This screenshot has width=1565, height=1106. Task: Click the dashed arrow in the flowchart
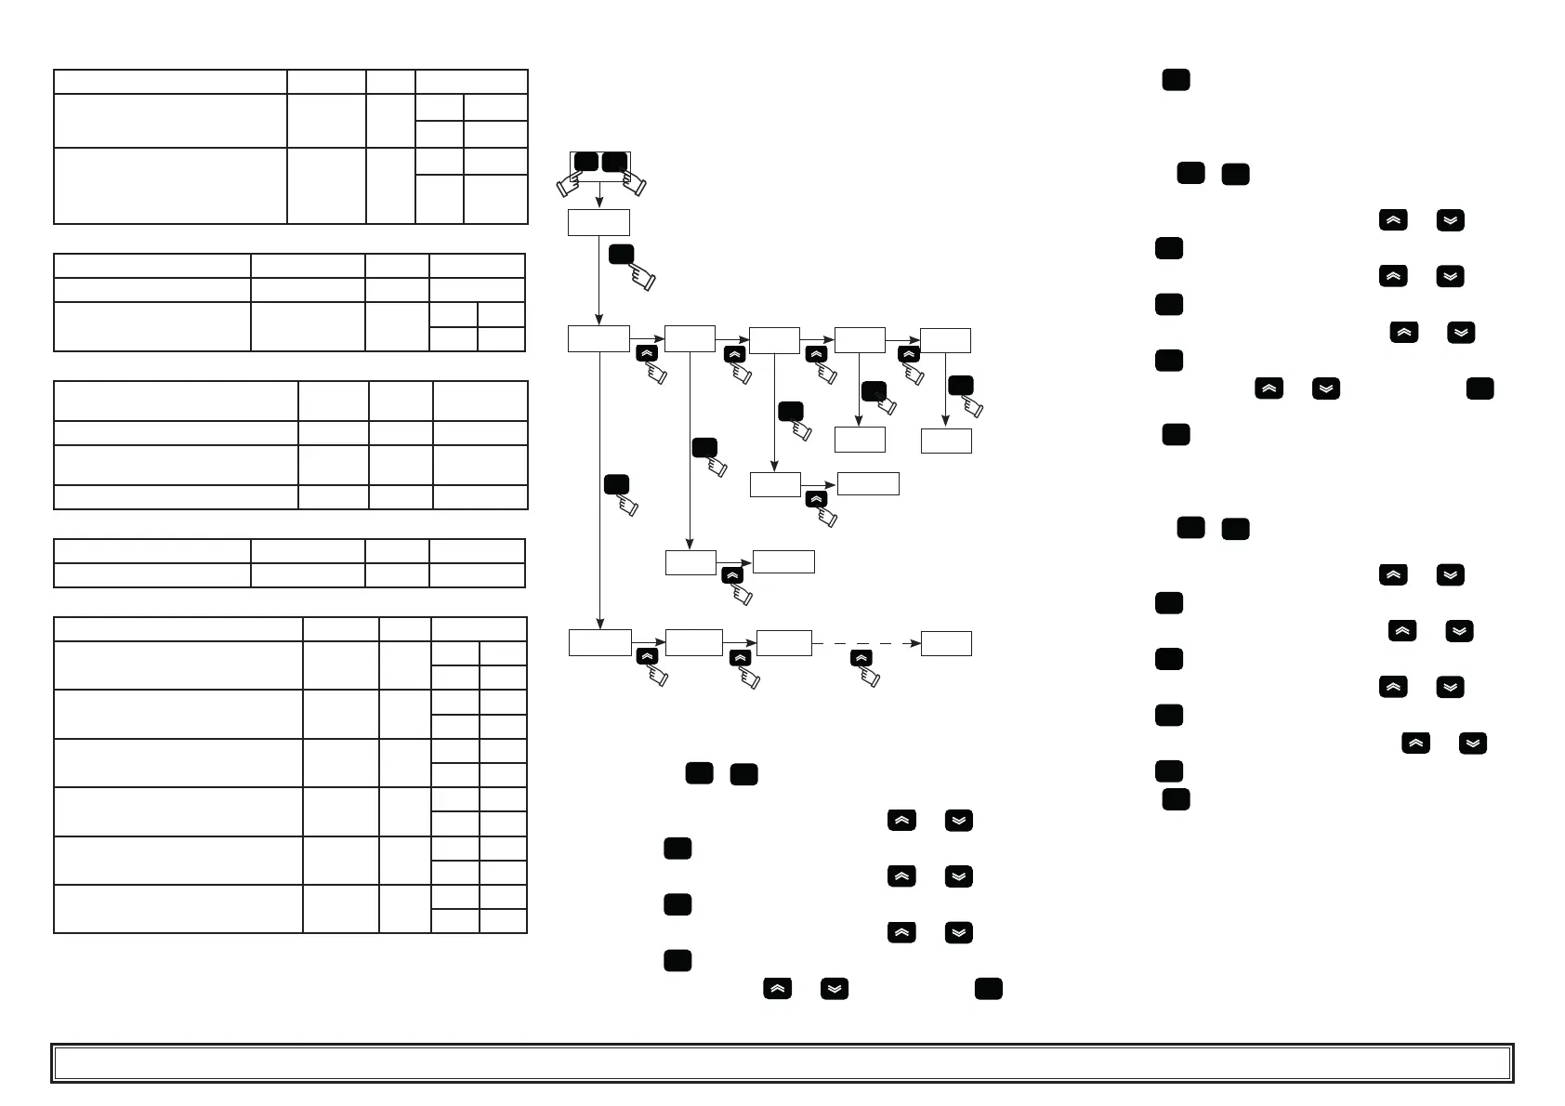[866, 643]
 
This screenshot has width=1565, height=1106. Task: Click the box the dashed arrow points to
[946, 643]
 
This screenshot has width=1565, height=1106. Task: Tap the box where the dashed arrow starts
[784, 643]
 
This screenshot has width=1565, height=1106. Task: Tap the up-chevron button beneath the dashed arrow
[861, 658]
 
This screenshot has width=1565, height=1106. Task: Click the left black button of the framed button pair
[586, 162]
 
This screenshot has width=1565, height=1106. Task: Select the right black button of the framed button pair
[614, 162]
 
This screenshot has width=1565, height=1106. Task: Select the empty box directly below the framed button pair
[598, 222]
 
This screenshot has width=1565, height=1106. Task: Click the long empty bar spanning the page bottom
[782, 1063]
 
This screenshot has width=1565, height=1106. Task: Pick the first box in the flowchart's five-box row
[598, 339]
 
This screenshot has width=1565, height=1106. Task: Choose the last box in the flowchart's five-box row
[945, 339]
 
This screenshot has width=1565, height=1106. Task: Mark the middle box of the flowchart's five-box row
[774, 339]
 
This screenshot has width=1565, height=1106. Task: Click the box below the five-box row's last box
[946, 441]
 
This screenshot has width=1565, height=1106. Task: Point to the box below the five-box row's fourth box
[860, 440]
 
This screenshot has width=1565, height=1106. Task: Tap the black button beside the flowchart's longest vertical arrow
[616, 484]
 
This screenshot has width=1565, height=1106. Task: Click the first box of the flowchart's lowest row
[600, 643]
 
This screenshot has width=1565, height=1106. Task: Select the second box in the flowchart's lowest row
[694, 642]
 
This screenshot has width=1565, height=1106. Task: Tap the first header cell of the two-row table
[152, 550]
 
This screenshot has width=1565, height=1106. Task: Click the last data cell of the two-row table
[477, 575]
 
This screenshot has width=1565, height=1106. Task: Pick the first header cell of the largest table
[178, 629]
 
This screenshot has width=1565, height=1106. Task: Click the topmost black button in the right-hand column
[1176, 80]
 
